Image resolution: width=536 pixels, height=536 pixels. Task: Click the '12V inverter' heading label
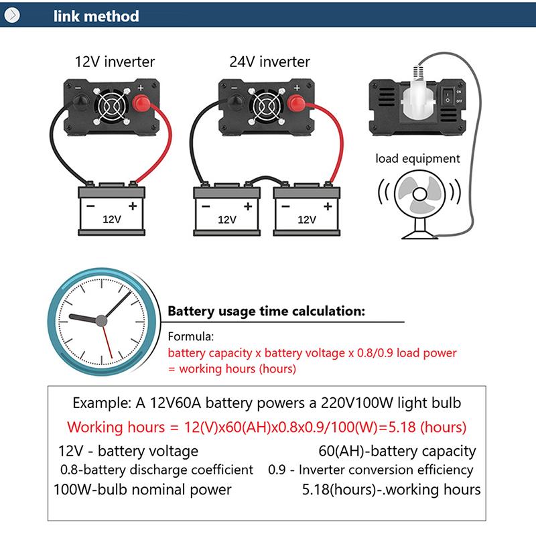pyautogui.click(x=114, y=62)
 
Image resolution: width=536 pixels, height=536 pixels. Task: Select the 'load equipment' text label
pyautogui.click(x=417, y=159)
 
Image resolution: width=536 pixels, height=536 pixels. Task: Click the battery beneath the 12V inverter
pyautogui.click(x=108, y=208)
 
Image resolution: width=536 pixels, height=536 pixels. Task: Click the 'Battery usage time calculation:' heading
pyautogui.click(x=266, y=311)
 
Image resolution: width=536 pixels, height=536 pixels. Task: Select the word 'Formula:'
pyautogui.click(x=190, y=337)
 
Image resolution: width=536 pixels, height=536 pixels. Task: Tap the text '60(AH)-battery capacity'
pyautogui.click(x=396, y=451)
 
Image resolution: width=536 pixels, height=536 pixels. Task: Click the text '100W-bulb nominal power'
pyautogui.click(x=143, y=489)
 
